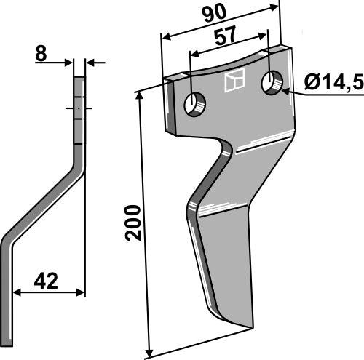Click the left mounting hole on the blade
(196, 105)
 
